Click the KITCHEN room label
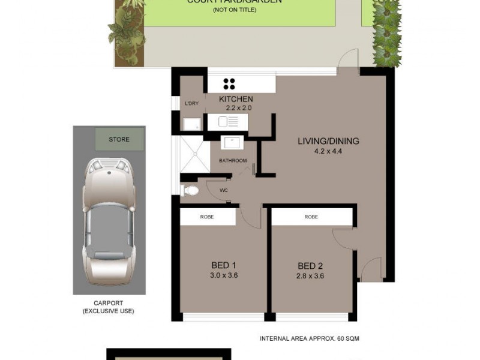pyautogui.click(x=236, y=99)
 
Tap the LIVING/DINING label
pyautogui.click(x=328, y=142)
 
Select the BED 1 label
pyautogui.click(x=223, y=266)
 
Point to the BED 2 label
pyautogui.click(x=310, y=266)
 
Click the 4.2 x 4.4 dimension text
pyautogui.click(x=328, y=151)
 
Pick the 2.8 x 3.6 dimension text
pyautogui.click(x=310, y=276)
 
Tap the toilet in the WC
pyautogui.click(x=190, y=191)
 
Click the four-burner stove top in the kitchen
pyautogui.click(x=229, y=83)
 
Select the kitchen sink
pyautogui.click(x=228, y=122)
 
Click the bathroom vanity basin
pyautogui.click(x=232, y=143)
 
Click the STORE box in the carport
pyautogui.click(x=119, y=139)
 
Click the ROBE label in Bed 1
pyautogui.click(x=207, y=217)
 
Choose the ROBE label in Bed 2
pyautogui.click(x=311, y=217)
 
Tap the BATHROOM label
pyautogui.click(x=233, y=161)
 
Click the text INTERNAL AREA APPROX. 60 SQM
pyautogui.click(x=309, y=338)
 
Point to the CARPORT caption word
pyautogui.click(x=108, y=303)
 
